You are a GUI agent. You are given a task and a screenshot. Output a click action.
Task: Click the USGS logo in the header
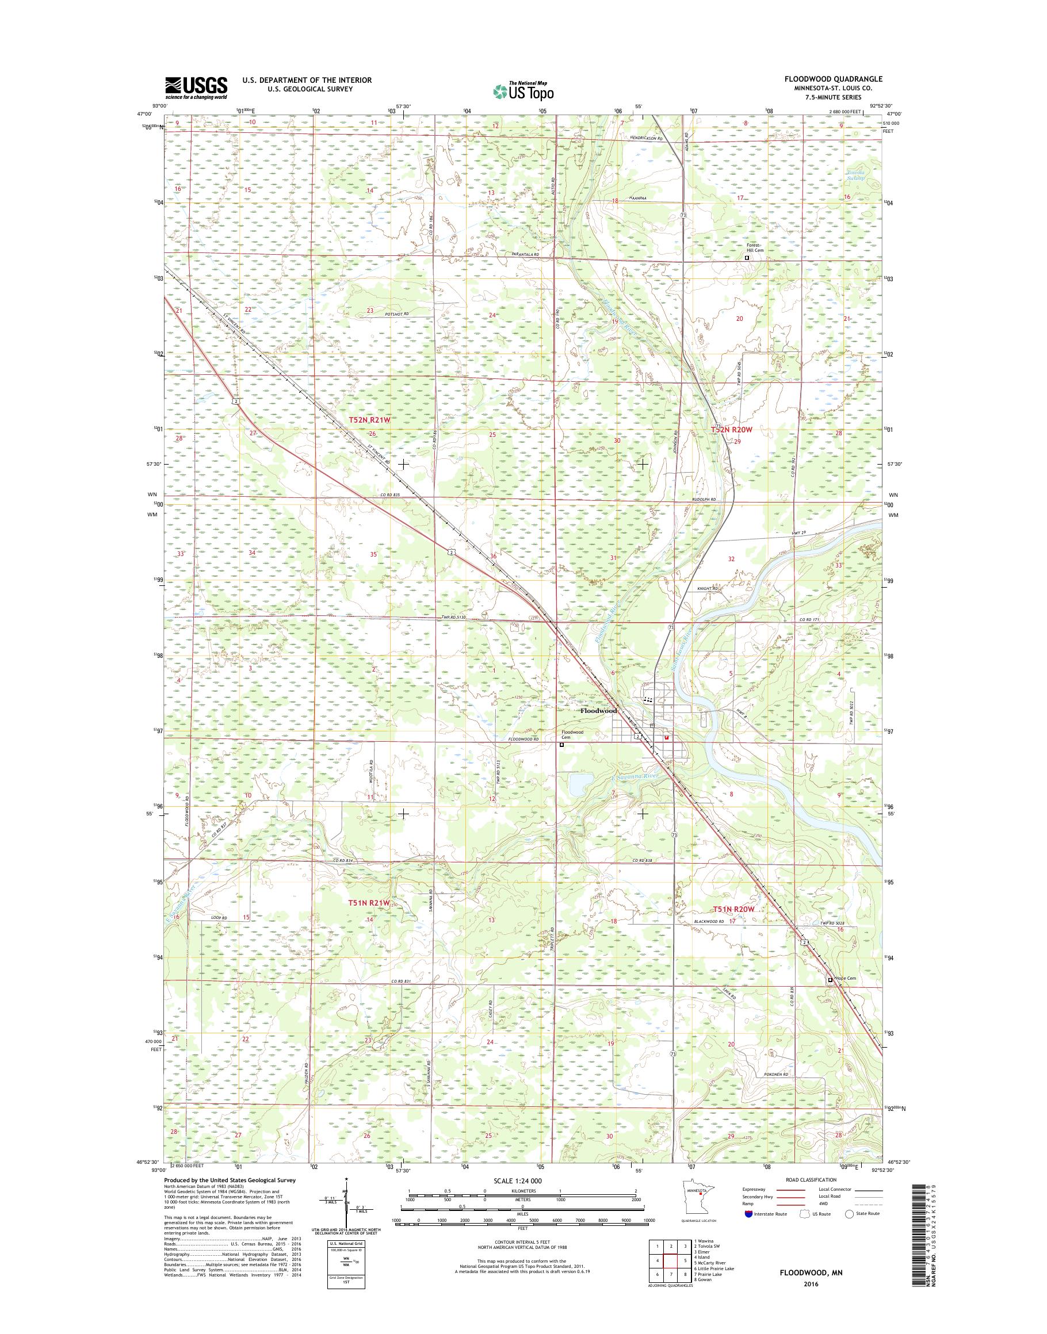click(x=196, y=87)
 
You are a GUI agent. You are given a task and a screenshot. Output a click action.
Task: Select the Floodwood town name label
click(x=598, y=711)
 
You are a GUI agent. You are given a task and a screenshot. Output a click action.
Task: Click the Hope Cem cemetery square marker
click(x=831, y=980)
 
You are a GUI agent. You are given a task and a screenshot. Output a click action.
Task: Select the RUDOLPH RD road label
click(x=703, y=499)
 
